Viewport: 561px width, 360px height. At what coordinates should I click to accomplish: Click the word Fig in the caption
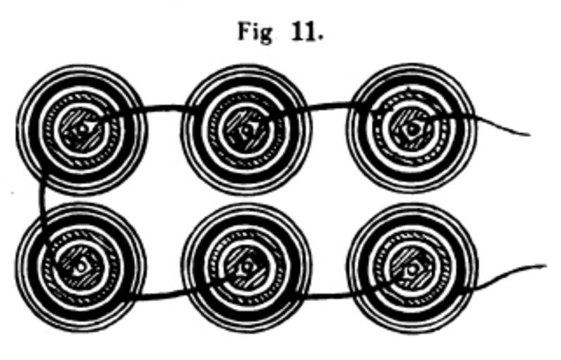click(x=254, y=33)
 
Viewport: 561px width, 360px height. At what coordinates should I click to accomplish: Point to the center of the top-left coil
click(x=82, y=129)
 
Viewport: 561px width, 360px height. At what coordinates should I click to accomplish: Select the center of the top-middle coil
click(x=246, y=129)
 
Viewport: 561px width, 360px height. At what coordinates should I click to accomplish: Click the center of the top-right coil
click(x=411, y=129)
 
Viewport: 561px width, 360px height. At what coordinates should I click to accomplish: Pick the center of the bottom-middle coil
click(x=246, y=268)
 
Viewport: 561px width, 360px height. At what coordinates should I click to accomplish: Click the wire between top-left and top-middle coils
click(x=164, y=108)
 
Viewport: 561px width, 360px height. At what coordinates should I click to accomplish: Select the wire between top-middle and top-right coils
click(x=328, y=105)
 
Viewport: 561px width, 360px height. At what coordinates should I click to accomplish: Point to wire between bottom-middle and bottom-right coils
click(x=329, y=295)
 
